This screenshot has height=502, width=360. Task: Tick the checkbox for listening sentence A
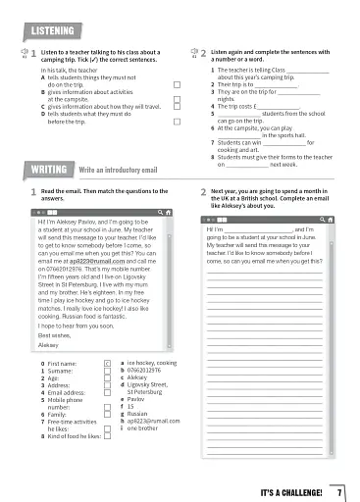click(x=177, y=85)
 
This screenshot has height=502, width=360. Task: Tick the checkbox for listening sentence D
click(x=177, y=124)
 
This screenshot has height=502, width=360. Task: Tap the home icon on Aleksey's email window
click(x=168, y=211)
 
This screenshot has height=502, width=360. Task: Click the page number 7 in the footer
click(x=339, y=489)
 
